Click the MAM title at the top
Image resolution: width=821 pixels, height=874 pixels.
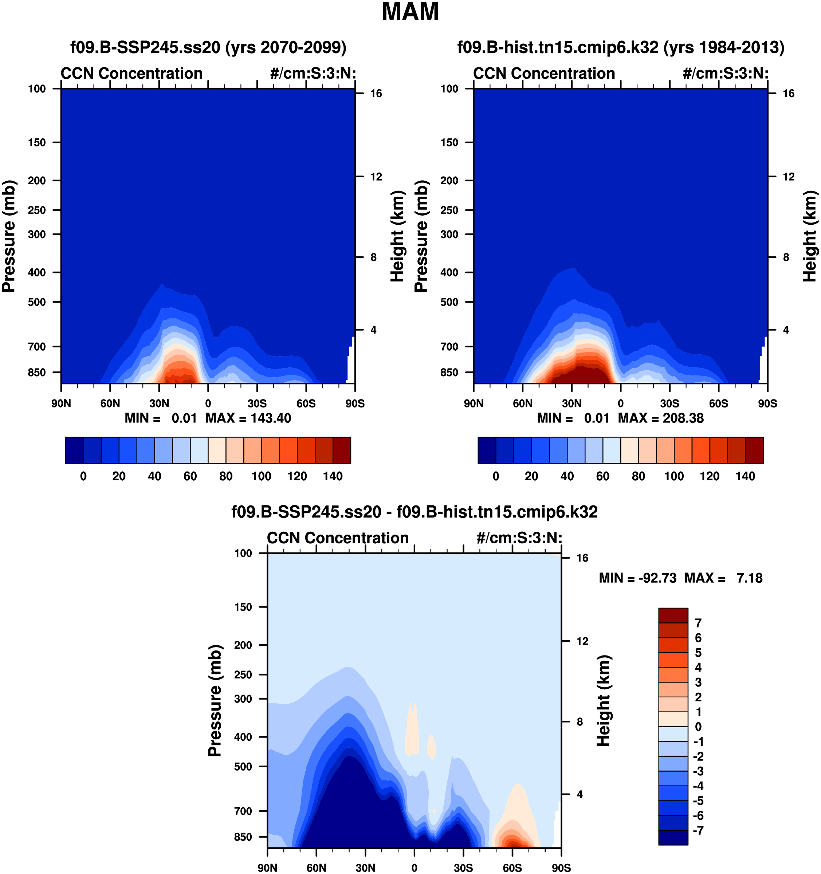(x=410, y=12)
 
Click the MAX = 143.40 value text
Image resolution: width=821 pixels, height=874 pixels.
(x=248, y=418)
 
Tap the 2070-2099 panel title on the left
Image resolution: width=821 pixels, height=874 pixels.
(x=208, y=47)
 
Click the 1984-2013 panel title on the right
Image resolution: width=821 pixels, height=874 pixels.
(x=620, y=47)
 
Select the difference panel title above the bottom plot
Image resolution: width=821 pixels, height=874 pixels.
(x=414, y=512)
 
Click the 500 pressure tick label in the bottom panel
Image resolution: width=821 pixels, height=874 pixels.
(x=243, y=766)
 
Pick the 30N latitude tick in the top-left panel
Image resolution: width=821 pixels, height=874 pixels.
(x=159, y=403)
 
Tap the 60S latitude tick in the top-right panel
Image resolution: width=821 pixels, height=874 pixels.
(x=719, y=403)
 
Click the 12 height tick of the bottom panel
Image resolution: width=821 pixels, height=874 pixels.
(x=582, y=641)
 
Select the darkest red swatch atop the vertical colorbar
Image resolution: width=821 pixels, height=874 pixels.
(x=673, y=615)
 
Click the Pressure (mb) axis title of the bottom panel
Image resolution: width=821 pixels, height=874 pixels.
(x=215, y=700)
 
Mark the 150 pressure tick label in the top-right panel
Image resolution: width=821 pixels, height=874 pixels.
(x=449, y=142)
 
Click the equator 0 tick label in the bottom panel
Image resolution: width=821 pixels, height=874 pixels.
(x=414, y=868)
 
